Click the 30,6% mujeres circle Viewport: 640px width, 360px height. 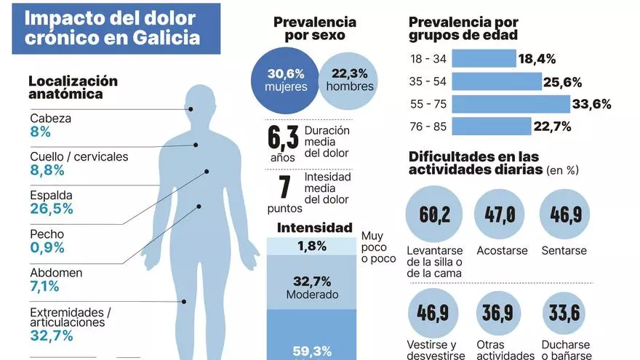[285, 80]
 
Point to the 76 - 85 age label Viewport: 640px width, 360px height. [428, 127]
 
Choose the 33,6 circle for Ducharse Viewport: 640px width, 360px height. [565, 313]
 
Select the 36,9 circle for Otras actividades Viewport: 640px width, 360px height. [500, 313]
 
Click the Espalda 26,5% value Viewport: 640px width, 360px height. [52, 209]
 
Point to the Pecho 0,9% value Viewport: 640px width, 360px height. [47, 248]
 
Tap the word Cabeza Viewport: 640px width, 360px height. [51, 118]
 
